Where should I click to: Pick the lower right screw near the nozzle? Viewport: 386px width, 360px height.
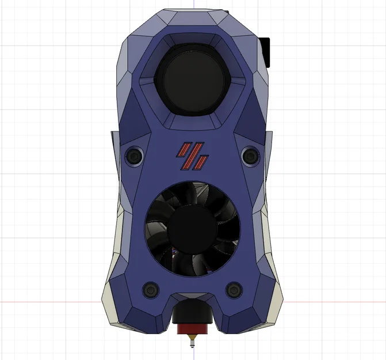click(x=234, y=289)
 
